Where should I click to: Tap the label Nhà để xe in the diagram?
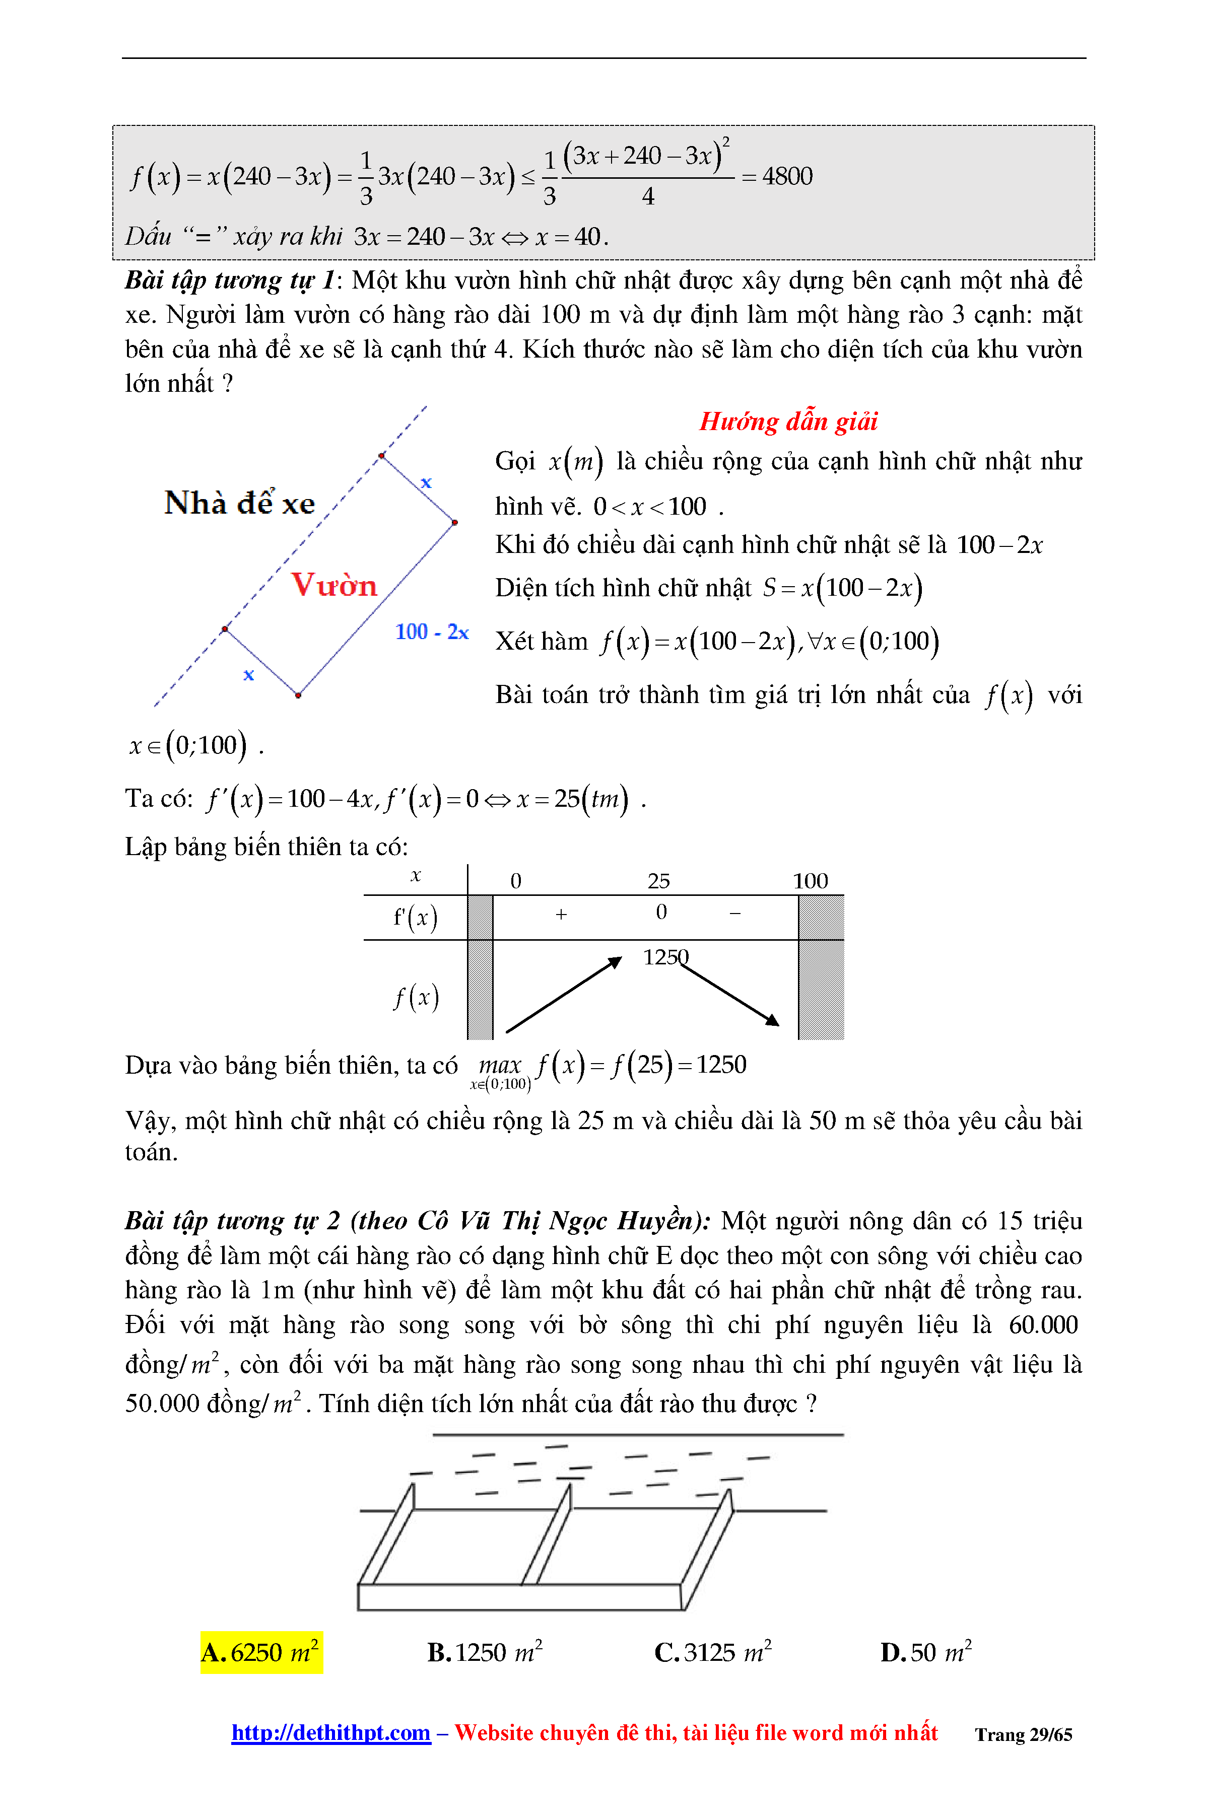point(240,503)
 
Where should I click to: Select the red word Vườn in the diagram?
point(333,585)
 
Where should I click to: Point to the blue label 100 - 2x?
point(431,633)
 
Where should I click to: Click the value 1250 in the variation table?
point(665,957)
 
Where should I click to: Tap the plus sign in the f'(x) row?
point(561,914)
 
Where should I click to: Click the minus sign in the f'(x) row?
point(735,914)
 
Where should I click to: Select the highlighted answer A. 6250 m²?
point(261,1652)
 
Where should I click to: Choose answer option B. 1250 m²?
point(485,1652)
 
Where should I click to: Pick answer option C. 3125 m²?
point(713,1652)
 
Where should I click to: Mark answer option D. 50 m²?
point(925,1652)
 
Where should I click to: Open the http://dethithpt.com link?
point(330,1732)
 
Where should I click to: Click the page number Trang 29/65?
point(1023,1734)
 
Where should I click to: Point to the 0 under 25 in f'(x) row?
point(661,912)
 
